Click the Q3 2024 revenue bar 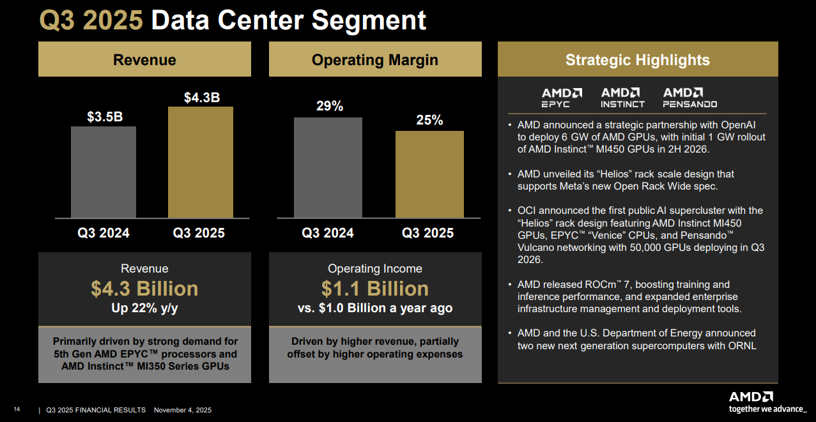(104, 172)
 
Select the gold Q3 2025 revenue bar (201, 162)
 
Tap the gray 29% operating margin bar (328, 167)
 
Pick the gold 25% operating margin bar (429, 174)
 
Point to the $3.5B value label (105, 117)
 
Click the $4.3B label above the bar (202, 98)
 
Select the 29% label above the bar (330, 107)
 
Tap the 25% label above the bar (429, 120)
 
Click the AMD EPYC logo (562, 98)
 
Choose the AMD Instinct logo (622, 98)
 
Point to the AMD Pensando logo (689, 98)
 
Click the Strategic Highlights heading (637, 60)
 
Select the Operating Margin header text (374, 60)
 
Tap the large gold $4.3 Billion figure (144, 289)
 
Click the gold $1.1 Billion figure (374, 289)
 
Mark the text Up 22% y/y (144, 308)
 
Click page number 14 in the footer (17, 410)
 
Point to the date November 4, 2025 (183, 410)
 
